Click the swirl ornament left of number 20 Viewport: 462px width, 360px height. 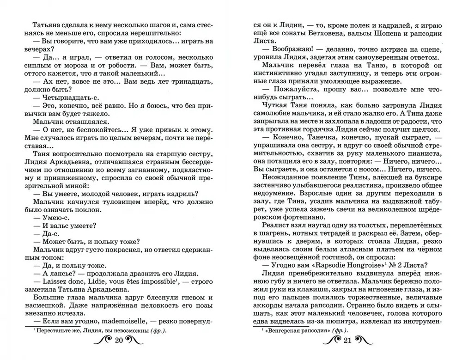102,342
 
